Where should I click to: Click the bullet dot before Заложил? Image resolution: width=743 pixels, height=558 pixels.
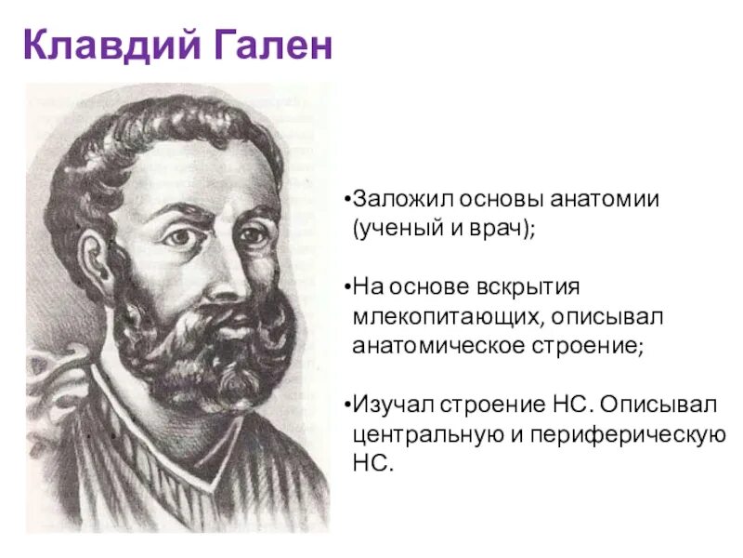pyautogui.click(x=345, y=201)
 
